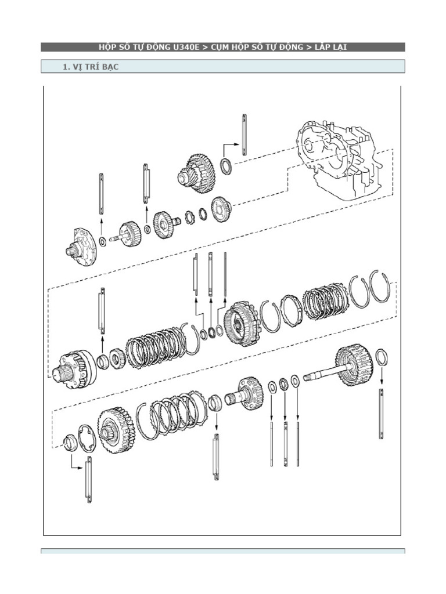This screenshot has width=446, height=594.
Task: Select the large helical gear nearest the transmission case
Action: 197,171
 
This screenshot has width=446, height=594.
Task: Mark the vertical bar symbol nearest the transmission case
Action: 244,135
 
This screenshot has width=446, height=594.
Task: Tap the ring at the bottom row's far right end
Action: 382,357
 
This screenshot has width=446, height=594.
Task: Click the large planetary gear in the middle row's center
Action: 240,324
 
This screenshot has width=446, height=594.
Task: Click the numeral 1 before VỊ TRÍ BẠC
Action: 64,67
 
